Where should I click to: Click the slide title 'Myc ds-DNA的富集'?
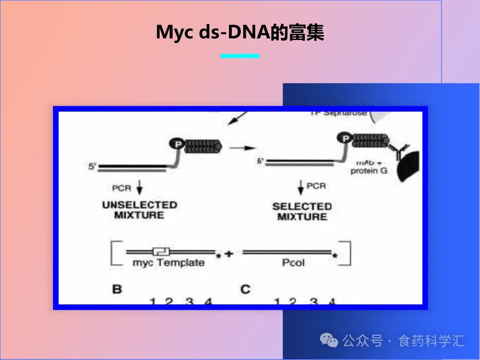pyautogui.click(x=240, y=32)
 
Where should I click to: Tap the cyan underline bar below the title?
pyautogui.click(x=240, y=56)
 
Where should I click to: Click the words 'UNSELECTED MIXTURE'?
pyautogui.click(x=140, y=210)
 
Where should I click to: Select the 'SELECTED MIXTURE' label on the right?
pyautogui.click(x=302, y=212)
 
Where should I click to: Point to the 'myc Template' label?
pyautogui.click(x=169, y=263)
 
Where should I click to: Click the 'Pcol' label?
pyautogui.click(x=293, y=263)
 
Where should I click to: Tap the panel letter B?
pyautogui.click(x=117, y=289)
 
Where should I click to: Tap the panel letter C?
pyautogui.click(x=245, y=289)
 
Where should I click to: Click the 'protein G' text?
pyautogui.click(x=369, y=171)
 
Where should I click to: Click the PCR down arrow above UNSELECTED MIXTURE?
pyautogui.click(x=140, y=189)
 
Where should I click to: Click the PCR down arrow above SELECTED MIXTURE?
pyautogui.click(x=301, y=188)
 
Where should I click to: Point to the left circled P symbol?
pyautogui.click(x=176, y=143)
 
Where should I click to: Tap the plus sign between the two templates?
pyautogui.click(x=229, y=255)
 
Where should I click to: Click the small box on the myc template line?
pyautogui.click(x=158, y=251)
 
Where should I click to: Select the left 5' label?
pyautogui.click(x=92, y=167)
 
